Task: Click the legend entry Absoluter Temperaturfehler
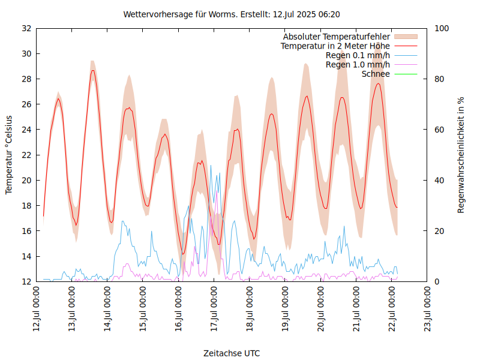click(337, 37)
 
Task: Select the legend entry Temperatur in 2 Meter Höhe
click(335, 46)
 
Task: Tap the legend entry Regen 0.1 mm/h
click(358, 55)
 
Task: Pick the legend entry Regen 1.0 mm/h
click(358, 64)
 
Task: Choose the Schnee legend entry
click(376, 74)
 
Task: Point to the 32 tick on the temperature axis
click(26, 28)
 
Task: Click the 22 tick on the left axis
click(26, 155)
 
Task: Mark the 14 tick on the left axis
click(26, 256)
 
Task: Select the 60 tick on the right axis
click(439, 130)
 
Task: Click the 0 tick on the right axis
click(437, 281)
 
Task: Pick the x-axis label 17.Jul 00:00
click(214, 309)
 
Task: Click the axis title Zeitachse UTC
click(232, 353)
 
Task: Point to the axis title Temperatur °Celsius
click(9, 155)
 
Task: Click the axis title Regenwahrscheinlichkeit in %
click(461, 155)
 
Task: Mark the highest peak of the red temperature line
click(92, 70)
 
